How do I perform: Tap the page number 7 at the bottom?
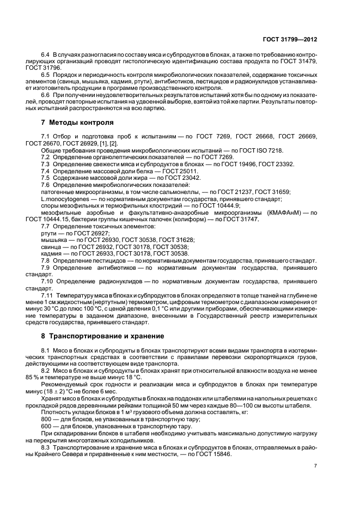[x=315, y=466]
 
